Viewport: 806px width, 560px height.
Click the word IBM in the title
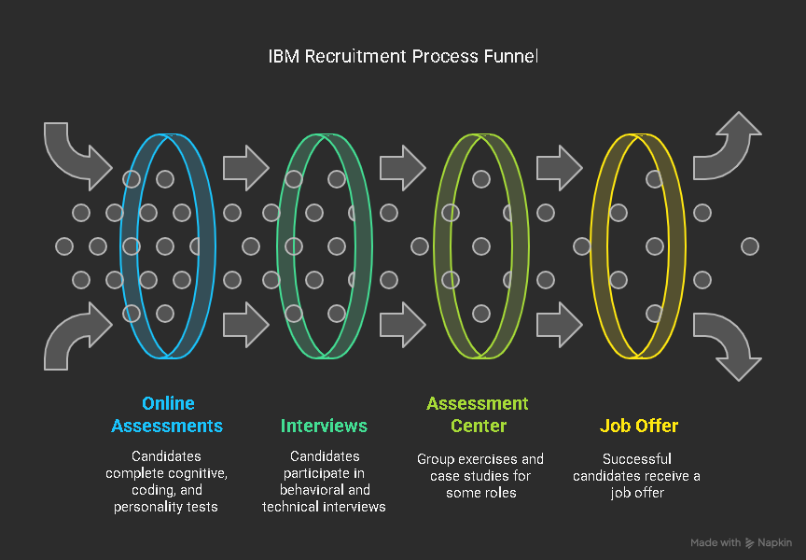[284, 57]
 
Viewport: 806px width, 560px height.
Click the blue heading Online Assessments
[167, 414]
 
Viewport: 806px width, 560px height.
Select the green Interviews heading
[324, 426]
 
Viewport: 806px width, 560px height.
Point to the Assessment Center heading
[478, 414]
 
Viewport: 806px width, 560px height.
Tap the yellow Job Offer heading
[638, 426]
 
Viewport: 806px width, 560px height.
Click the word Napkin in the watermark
[776, 543]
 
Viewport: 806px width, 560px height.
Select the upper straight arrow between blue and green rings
[245, 168]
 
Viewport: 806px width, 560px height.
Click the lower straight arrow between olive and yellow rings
[559, 325]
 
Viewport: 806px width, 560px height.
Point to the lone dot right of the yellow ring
[749, 246]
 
